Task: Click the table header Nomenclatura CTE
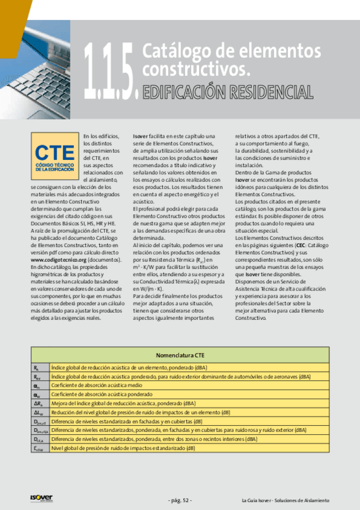pos(180,355)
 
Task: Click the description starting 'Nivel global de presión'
pos(123,449)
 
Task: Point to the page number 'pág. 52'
pos(180,500)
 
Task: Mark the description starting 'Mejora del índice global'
pos(123,404)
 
